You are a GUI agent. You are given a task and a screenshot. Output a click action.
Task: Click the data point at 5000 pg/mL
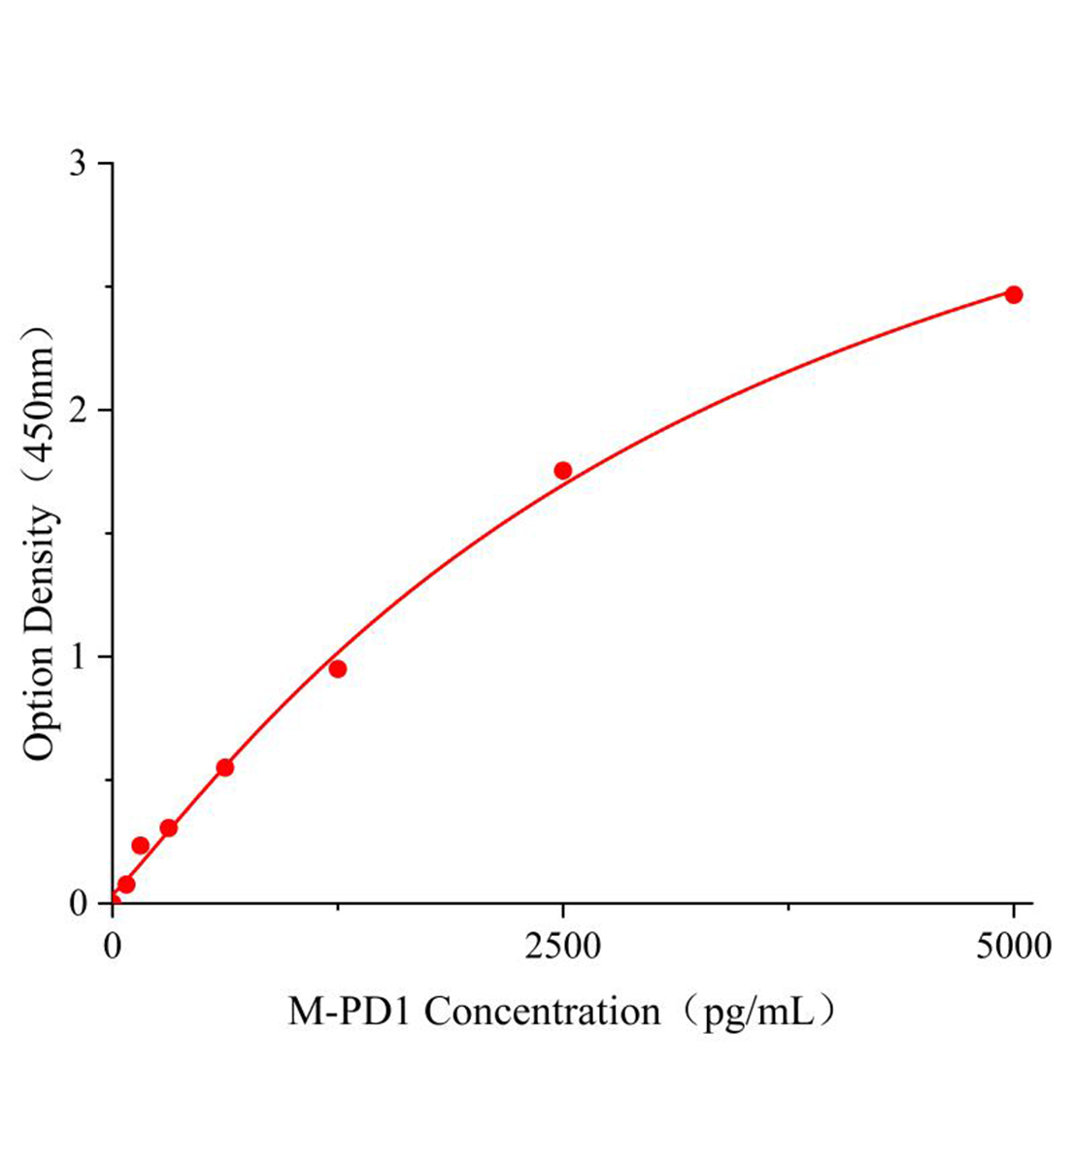(x=1013, y=294)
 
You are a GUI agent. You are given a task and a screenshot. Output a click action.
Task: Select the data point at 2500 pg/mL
(x=563, y=470)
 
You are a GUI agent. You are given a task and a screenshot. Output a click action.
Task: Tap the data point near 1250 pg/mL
(x=338, y=669)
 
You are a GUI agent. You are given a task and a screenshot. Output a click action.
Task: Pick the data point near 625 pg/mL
(x=224, y=767)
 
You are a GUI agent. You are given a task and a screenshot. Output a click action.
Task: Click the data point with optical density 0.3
(x=169, y=828)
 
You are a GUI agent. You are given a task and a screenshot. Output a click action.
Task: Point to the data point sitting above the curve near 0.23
(x=140, y=846)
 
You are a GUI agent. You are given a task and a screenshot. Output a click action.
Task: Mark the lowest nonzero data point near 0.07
(x=126, y=884)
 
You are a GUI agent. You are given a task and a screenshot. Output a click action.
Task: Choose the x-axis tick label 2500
(x=563, y=945)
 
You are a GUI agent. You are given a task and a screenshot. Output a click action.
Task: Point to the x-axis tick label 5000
(x=1013, y=945)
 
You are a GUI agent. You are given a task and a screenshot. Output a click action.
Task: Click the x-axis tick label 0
(x=114, y=945)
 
